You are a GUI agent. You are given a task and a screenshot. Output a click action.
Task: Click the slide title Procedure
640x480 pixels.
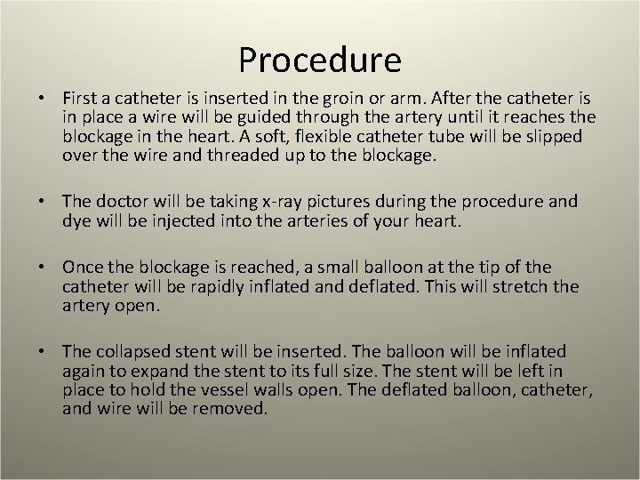tap(320, 60)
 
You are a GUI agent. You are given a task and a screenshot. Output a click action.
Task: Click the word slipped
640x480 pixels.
tap(552, 137)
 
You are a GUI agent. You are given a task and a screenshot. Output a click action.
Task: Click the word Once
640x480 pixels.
tap(81, 268)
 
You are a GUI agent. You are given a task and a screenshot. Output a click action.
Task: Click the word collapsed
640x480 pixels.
tap(132, 352)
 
